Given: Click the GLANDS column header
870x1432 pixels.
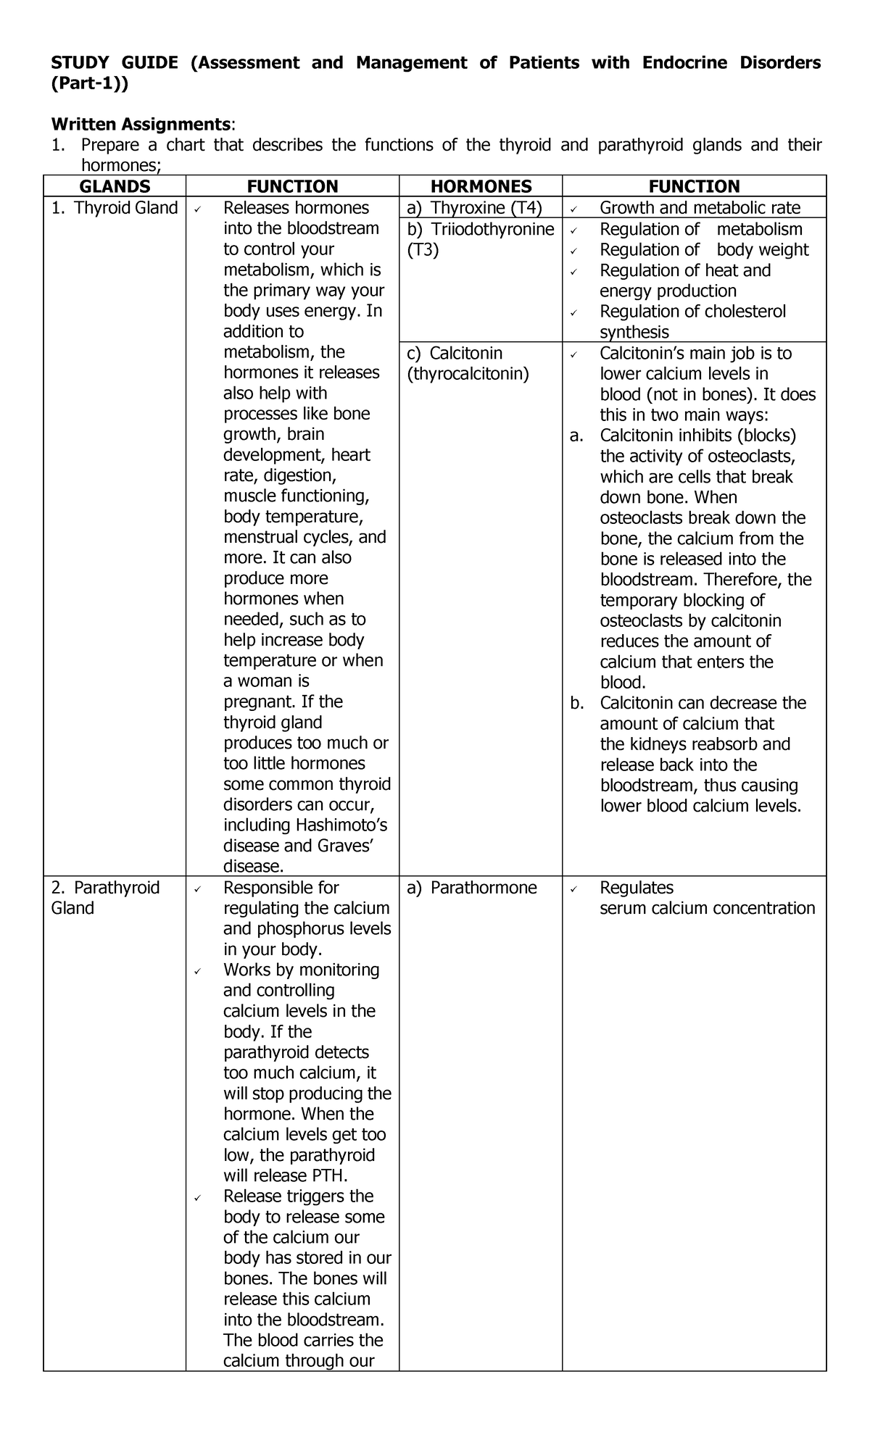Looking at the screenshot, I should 115,186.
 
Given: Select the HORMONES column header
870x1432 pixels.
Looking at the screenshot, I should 481,186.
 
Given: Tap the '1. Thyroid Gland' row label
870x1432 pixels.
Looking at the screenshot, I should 115,208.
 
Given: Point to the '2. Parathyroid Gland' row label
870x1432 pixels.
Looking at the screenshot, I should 105,898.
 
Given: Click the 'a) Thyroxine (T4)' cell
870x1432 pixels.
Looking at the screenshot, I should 474,208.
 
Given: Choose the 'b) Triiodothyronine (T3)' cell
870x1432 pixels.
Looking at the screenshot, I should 480,240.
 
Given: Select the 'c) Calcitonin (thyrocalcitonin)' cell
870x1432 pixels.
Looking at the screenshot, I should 468,363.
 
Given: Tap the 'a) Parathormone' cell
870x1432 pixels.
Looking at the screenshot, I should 472,888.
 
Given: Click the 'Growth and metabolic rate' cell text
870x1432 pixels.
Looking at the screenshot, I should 700,208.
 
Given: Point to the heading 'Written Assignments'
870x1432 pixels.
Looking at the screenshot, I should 142,124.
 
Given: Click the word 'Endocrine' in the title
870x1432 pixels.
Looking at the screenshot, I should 684,63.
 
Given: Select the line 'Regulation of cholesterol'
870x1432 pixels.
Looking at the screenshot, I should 692,312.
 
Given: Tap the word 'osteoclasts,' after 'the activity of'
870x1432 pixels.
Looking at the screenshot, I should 750,457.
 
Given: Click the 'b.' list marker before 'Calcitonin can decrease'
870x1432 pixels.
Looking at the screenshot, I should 577,703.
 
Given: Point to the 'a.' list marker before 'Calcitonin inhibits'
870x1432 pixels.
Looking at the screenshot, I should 577,436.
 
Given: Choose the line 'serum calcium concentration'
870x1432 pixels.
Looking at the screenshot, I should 707,909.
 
